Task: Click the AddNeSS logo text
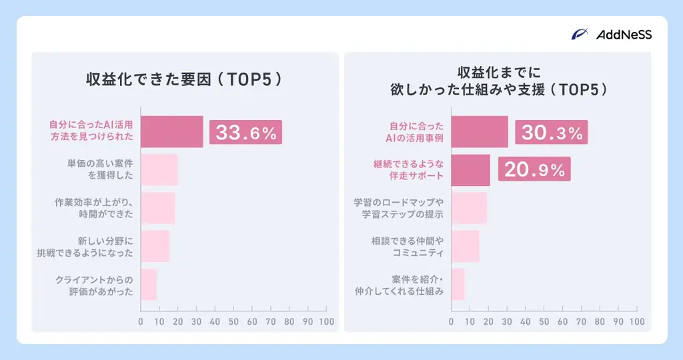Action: click(624, 35)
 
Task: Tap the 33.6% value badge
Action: click(245, 132)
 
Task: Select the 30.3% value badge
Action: click(552, 132)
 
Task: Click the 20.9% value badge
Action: click(534, 170)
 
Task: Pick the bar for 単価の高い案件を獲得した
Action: click(159, 170)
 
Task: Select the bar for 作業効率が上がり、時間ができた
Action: click(158, 208)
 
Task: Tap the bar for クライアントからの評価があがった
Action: click(149, 285)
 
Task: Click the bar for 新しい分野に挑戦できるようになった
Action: click(155, 247)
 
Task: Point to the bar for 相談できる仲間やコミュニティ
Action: click(466, 247)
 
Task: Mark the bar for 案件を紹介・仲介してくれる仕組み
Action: click(458, 285)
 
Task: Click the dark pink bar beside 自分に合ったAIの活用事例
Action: click(480, 132)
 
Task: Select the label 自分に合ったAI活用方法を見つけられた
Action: click(91, 132)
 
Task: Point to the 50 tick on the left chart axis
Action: click(233, 321)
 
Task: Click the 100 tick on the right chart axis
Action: click(638, 321)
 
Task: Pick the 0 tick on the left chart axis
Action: click(141, 321)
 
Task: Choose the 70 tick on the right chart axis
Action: click(582, 321)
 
